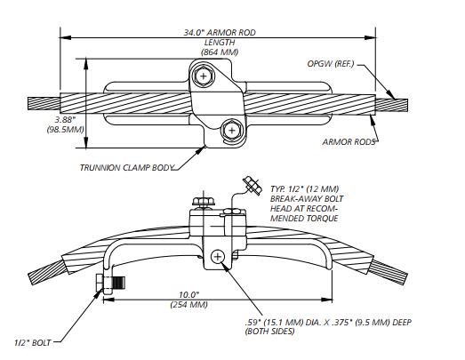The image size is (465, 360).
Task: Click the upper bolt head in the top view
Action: (x=206, y=77)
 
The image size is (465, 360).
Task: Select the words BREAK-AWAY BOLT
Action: (x=302, y=200)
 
